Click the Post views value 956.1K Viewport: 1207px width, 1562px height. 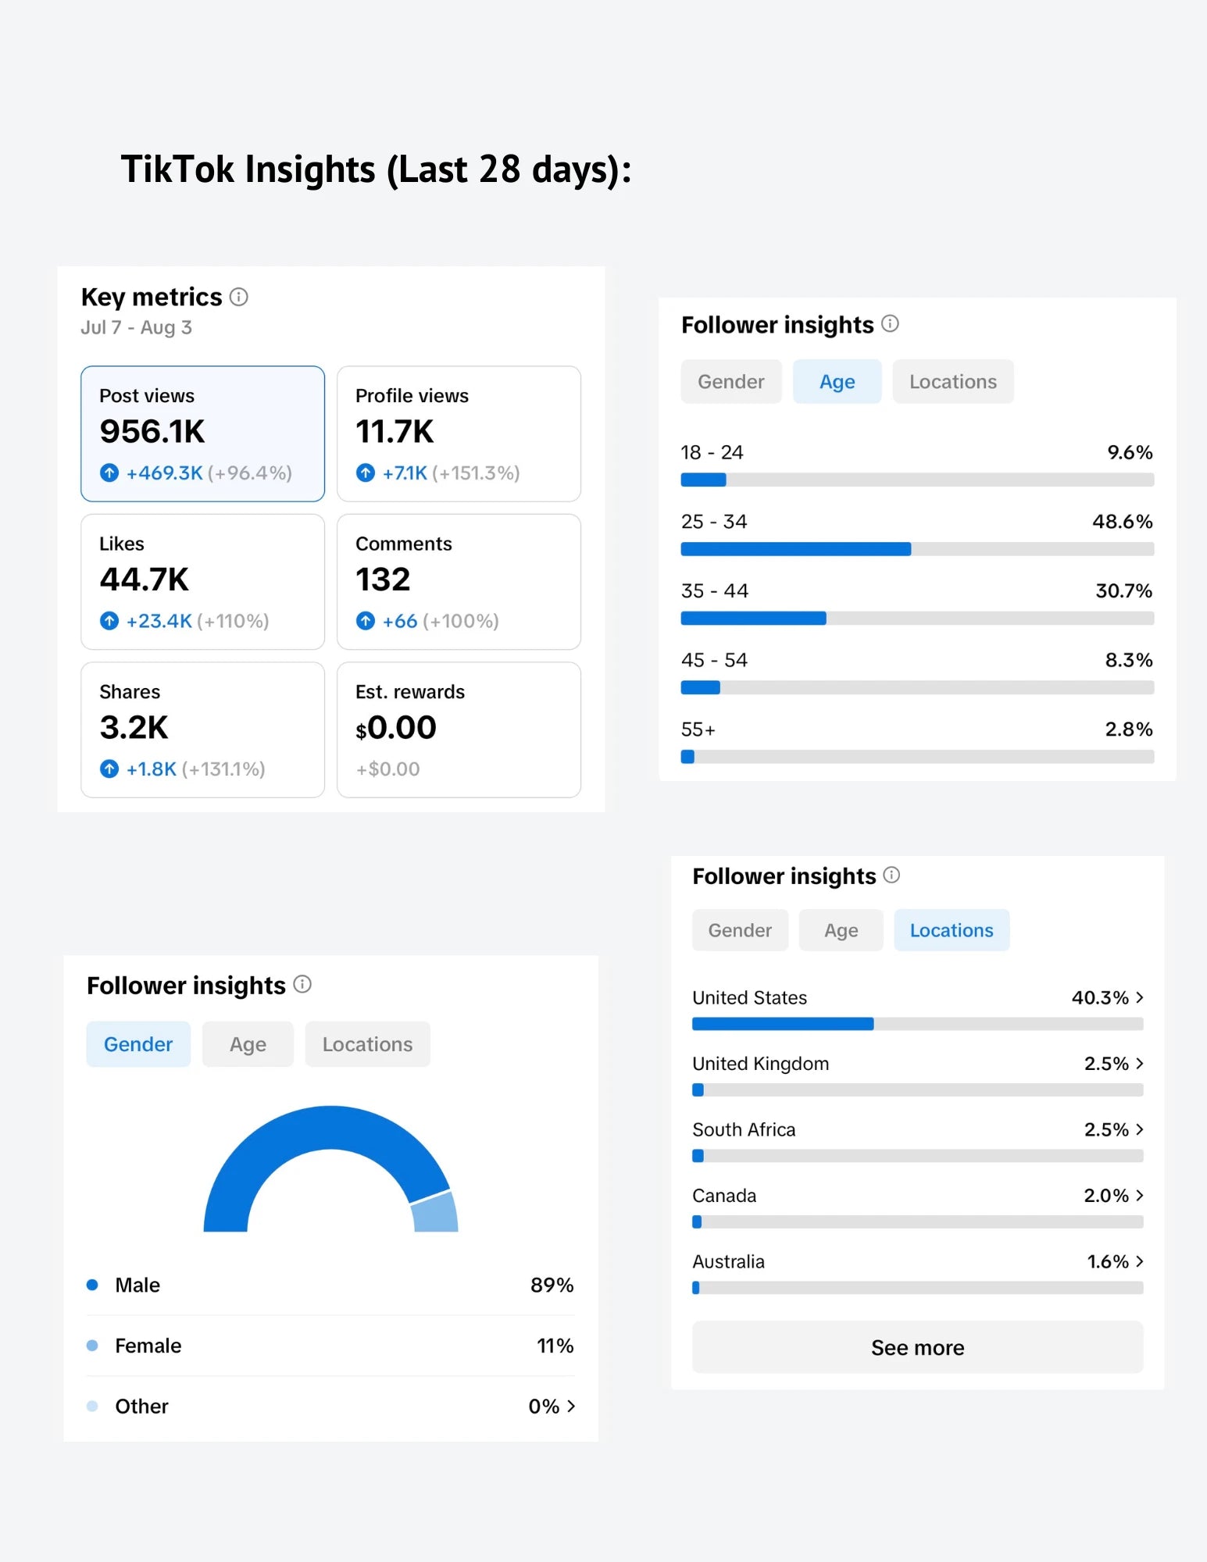152,432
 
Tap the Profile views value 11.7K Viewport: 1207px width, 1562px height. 395,432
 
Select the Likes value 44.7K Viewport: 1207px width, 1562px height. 145,580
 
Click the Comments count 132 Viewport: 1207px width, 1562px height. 383,580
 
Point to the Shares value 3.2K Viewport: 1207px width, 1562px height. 134,728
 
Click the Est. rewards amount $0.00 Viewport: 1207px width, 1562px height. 396,728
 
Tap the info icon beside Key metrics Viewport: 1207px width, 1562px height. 239,297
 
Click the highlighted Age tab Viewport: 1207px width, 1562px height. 837,382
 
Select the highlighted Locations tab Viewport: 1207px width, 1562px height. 952,930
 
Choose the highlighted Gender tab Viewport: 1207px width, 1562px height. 138,1044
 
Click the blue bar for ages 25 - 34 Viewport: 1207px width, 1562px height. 796,549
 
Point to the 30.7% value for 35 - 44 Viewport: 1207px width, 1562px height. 1124,591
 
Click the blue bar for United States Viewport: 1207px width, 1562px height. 783,1024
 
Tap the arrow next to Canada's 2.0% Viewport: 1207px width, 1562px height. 1140,1196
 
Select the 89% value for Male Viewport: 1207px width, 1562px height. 552,1286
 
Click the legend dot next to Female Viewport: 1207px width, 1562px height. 92,1346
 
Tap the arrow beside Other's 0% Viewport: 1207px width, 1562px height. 571,1407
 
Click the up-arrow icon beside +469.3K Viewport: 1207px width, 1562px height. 109,473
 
